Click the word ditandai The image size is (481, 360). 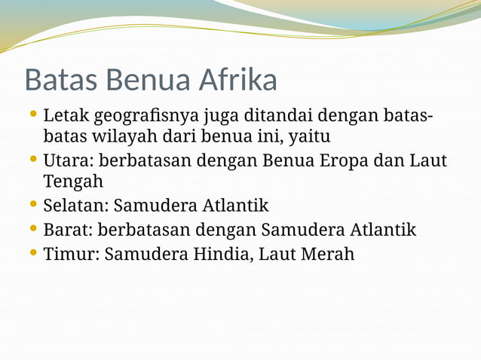click(x=278, y=117)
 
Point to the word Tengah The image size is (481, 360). click(x=73, y=182)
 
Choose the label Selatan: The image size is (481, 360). click(x=76, y=205)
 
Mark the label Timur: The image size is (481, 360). click(x=72, y=254)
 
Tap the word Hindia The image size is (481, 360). click(x=220, y=254)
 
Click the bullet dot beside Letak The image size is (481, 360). click(x=32, y=115)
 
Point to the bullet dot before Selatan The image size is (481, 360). click(x=32, y=203)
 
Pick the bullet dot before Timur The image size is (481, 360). click(x=32, y=252)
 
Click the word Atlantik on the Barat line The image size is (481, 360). click(x=383, y=229)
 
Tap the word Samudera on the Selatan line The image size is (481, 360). click(x=158, y=205)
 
